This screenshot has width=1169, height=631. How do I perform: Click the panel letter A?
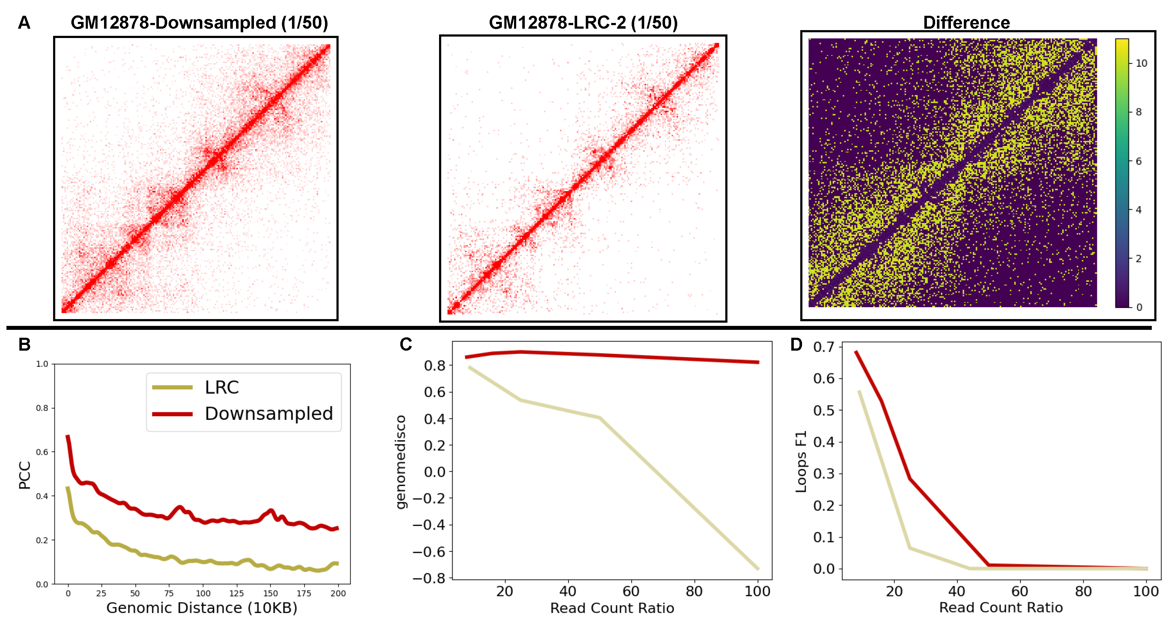click(x=24, y=23)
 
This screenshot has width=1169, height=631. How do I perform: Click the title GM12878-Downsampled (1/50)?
click(x=199, y=23)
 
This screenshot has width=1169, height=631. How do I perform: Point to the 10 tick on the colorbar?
click(x=1141, y=63)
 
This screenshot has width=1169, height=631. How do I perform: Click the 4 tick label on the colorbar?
click(x=1138, y=210)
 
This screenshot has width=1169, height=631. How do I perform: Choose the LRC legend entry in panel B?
click(x=221, y=388)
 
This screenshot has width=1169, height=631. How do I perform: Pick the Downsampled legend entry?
click(x=269, y=414)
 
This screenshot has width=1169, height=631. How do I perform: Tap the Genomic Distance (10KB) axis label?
click(x=202, y=608)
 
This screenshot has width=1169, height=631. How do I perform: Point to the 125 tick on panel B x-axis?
click(x=236, y=593)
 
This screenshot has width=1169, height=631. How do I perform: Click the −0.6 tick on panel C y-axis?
click(x=429, y=552)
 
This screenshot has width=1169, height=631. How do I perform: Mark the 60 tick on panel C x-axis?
click(x=631, y=592)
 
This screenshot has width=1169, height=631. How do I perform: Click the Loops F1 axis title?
click(x=801, y=461)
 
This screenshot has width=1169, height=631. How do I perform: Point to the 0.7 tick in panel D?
click(x=824, y=347)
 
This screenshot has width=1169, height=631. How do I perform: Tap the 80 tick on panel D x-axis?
click(x=1083, y=592)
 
